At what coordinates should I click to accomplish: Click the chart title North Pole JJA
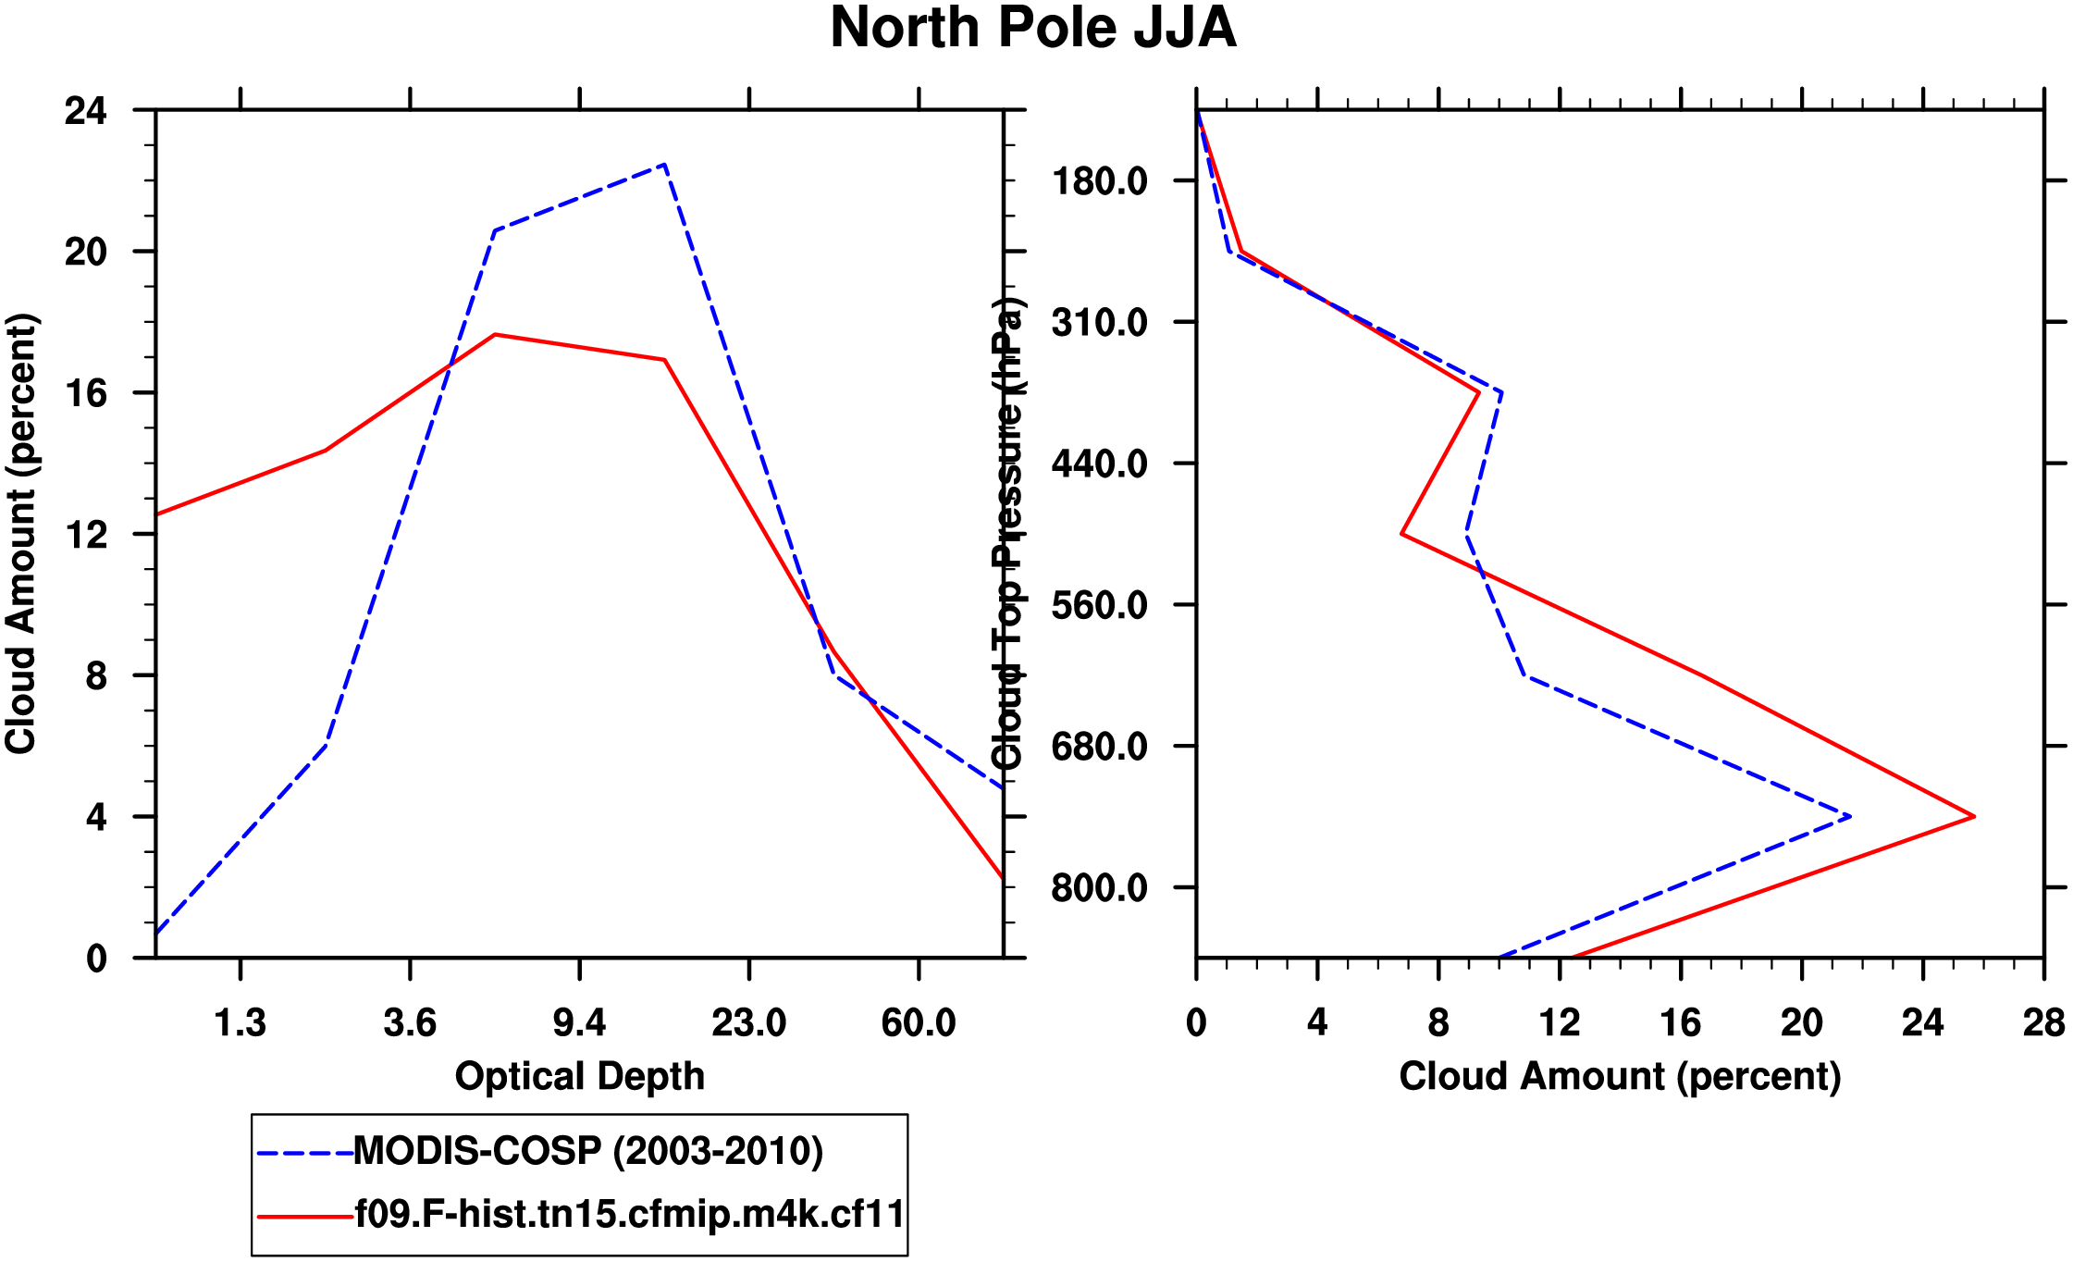pos(1032,28)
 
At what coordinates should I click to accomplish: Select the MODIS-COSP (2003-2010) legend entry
pos(588,1151)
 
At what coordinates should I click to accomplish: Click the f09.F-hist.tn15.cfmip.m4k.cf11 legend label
pos(629,1214)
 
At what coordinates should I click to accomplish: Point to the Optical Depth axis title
pos(580,1076)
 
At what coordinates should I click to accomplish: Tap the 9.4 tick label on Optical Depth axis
pos(580,1023)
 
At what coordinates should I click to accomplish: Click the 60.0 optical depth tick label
pos(919,1023)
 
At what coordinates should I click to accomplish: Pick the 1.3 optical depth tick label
pos(241,1023)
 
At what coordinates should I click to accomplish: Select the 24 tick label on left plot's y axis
pos(85,111)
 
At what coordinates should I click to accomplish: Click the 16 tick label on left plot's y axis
pos(85,393)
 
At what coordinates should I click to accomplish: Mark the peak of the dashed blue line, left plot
pos(664,165)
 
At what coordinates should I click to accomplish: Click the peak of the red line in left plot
pos(496,334)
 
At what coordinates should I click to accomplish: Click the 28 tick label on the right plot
pos(2043,1023)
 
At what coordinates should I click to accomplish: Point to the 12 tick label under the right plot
pos(1560,1023)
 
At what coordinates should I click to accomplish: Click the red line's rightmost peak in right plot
pos(1974,816)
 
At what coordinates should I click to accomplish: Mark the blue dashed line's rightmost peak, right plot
pos(1850,816)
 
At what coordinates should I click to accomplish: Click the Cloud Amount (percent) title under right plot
pos(1620,1076)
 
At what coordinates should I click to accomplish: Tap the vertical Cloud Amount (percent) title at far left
pos(20,534)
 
